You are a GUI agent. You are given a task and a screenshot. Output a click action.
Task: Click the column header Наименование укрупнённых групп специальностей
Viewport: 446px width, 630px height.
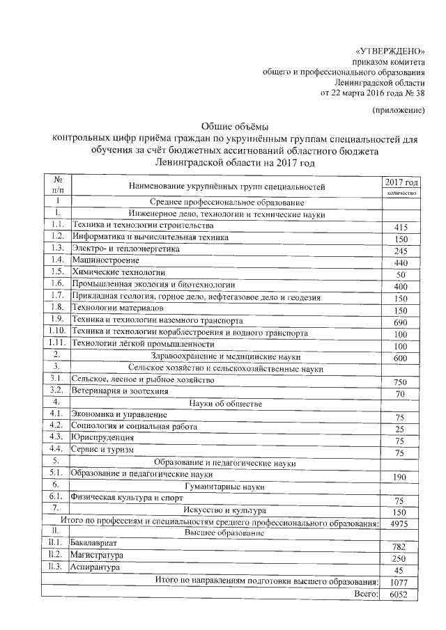227,187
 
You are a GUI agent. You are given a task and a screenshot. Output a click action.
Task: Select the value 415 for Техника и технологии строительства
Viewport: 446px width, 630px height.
400,228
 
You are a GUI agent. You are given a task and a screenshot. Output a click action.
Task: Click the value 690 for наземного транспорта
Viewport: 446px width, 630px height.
400,324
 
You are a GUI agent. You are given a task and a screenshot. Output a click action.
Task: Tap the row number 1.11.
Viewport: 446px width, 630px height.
57,344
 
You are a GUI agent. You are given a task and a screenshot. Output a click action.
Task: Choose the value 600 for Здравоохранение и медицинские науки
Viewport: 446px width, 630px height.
400,359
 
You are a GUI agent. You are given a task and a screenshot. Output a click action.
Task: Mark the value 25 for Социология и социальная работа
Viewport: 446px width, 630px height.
400,428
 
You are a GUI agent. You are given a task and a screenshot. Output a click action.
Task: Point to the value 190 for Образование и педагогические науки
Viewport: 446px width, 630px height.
400,477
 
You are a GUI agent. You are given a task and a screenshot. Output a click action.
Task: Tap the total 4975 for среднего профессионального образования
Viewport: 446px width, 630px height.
400,523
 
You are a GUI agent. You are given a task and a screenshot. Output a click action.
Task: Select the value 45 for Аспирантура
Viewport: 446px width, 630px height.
400,569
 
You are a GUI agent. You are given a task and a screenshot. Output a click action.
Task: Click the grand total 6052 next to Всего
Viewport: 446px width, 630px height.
400,594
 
